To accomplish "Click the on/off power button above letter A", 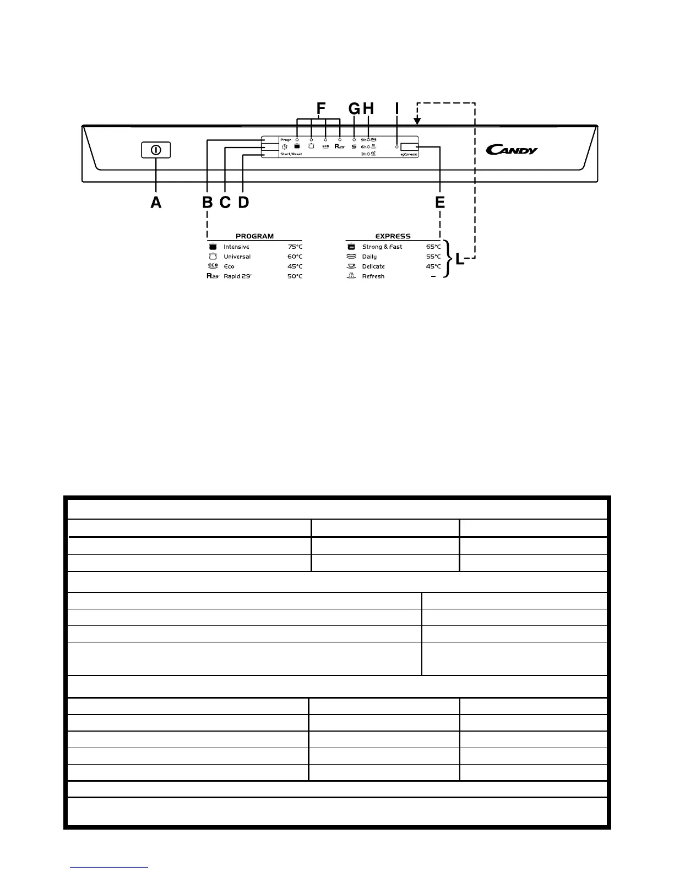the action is (x=156, y=150).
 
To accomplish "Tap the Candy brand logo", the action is (x=512, y=149).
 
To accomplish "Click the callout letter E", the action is (x=440, y=203).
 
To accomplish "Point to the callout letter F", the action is (x=321, y=108).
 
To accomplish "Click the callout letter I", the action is (x=396, y=108).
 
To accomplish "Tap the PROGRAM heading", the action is (x=254, y=236).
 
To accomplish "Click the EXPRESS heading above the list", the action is (x=393, y=236).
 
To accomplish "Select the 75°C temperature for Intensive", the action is (x=295, y=247).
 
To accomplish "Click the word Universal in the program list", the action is (x=237, y=257).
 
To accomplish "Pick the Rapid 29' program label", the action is (x=237, y=276).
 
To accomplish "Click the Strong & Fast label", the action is (x=382, y=247).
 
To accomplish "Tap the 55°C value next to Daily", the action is (x=433, y=257).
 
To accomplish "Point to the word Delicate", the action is (x=373, y=266).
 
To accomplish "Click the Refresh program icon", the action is (x=351, y=276).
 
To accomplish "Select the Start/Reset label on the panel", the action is (x=291, y=154).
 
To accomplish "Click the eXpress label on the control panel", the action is (x=409, y=155).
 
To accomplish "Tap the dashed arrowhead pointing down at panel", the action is (x=417, y=119).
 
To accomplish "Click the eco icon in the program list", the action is (x=213, y=266).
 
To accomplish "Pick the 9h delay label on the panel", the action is (x=364, y=140).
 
